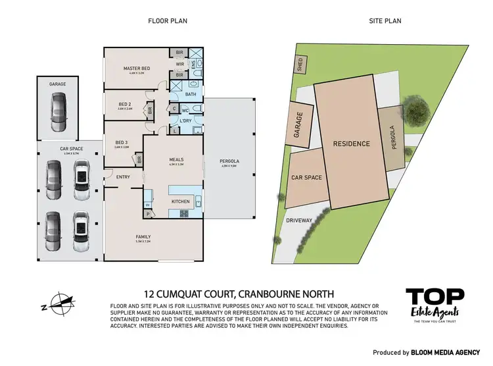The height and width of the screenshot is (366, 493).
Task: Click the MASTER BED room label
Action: point(137,68)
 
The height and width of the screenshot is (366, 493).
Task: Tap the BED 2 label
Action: point(126,104)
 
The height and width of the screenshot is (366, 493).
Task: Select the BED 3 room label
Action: point(121,142)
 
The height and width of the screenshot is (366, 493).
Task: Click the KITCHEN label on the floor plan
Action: point(180,201)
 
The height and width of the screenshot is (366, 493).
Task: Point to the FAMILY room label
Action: point(143,236)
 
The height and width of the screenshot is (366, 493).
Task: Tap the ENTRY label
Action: point(123,176)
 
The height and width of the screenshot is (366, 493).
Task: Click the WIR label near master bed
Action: point(179,64)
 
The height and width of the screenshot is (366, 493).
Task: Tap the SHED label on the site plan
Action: point(300,66)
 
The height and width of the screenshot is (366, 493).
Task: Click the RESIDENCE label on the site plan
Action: point(351,144)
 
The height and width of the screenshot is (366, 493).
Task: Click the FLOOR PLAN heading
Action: point(167,21)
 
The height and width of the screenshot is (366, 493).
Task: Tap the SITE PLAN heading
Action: point(386,21)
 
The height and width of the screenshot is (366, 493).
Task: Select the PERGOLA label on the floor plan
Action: point(229,161)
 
